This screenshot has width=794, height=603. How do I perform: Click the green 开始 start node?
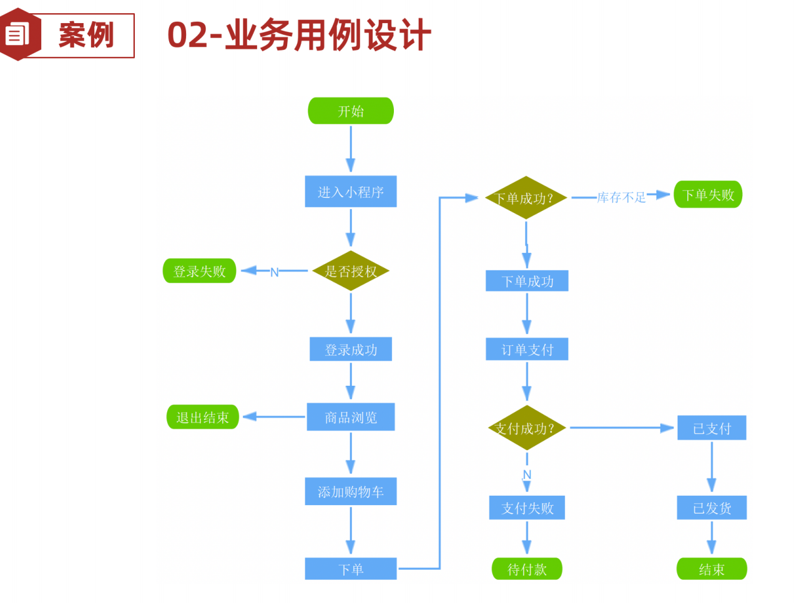(351, 111)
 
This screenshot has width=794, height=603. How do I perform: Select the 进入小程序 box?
(351, 192)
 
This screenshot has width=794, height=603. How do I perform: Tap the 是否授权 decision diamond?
(351, 271)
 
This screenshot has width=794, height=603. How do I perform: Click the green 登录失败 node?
(199, 271)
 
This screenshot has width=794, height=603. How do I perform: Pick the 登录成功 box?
(351, 350)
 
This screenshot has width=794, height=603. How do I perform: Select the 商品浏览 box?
(351, 417)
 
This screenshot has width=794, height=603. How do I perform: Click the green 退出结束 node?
(203, 417)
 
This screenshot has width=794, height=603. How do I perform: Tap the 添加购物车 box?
(351, 492)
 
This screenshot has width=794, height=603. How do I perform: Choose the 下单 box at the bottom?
(351, 569)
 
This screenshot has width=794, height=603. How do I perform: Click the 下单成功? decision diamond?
(526, 198)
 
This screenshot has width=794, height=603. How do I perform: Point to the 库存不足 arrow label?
(621, 197)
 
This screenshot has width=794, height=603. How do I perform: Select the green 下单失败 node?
(708, 195)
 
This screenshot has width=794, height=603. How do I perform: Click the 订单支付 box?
(527, 350)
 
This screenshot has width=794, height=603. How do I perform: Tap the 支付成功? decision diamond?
(526, 428)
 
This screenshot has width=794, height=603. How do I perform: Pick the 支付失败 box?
(527, 508)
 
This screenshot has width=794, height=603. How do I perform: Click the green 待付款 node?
(527, 569)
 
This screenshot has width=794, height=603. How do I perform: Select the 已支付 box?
(712, 428)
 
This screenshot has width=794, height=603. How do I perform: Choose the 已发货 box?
(712, 508)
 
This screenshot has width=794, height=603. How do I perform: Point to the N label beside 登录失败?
(274, 272)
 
